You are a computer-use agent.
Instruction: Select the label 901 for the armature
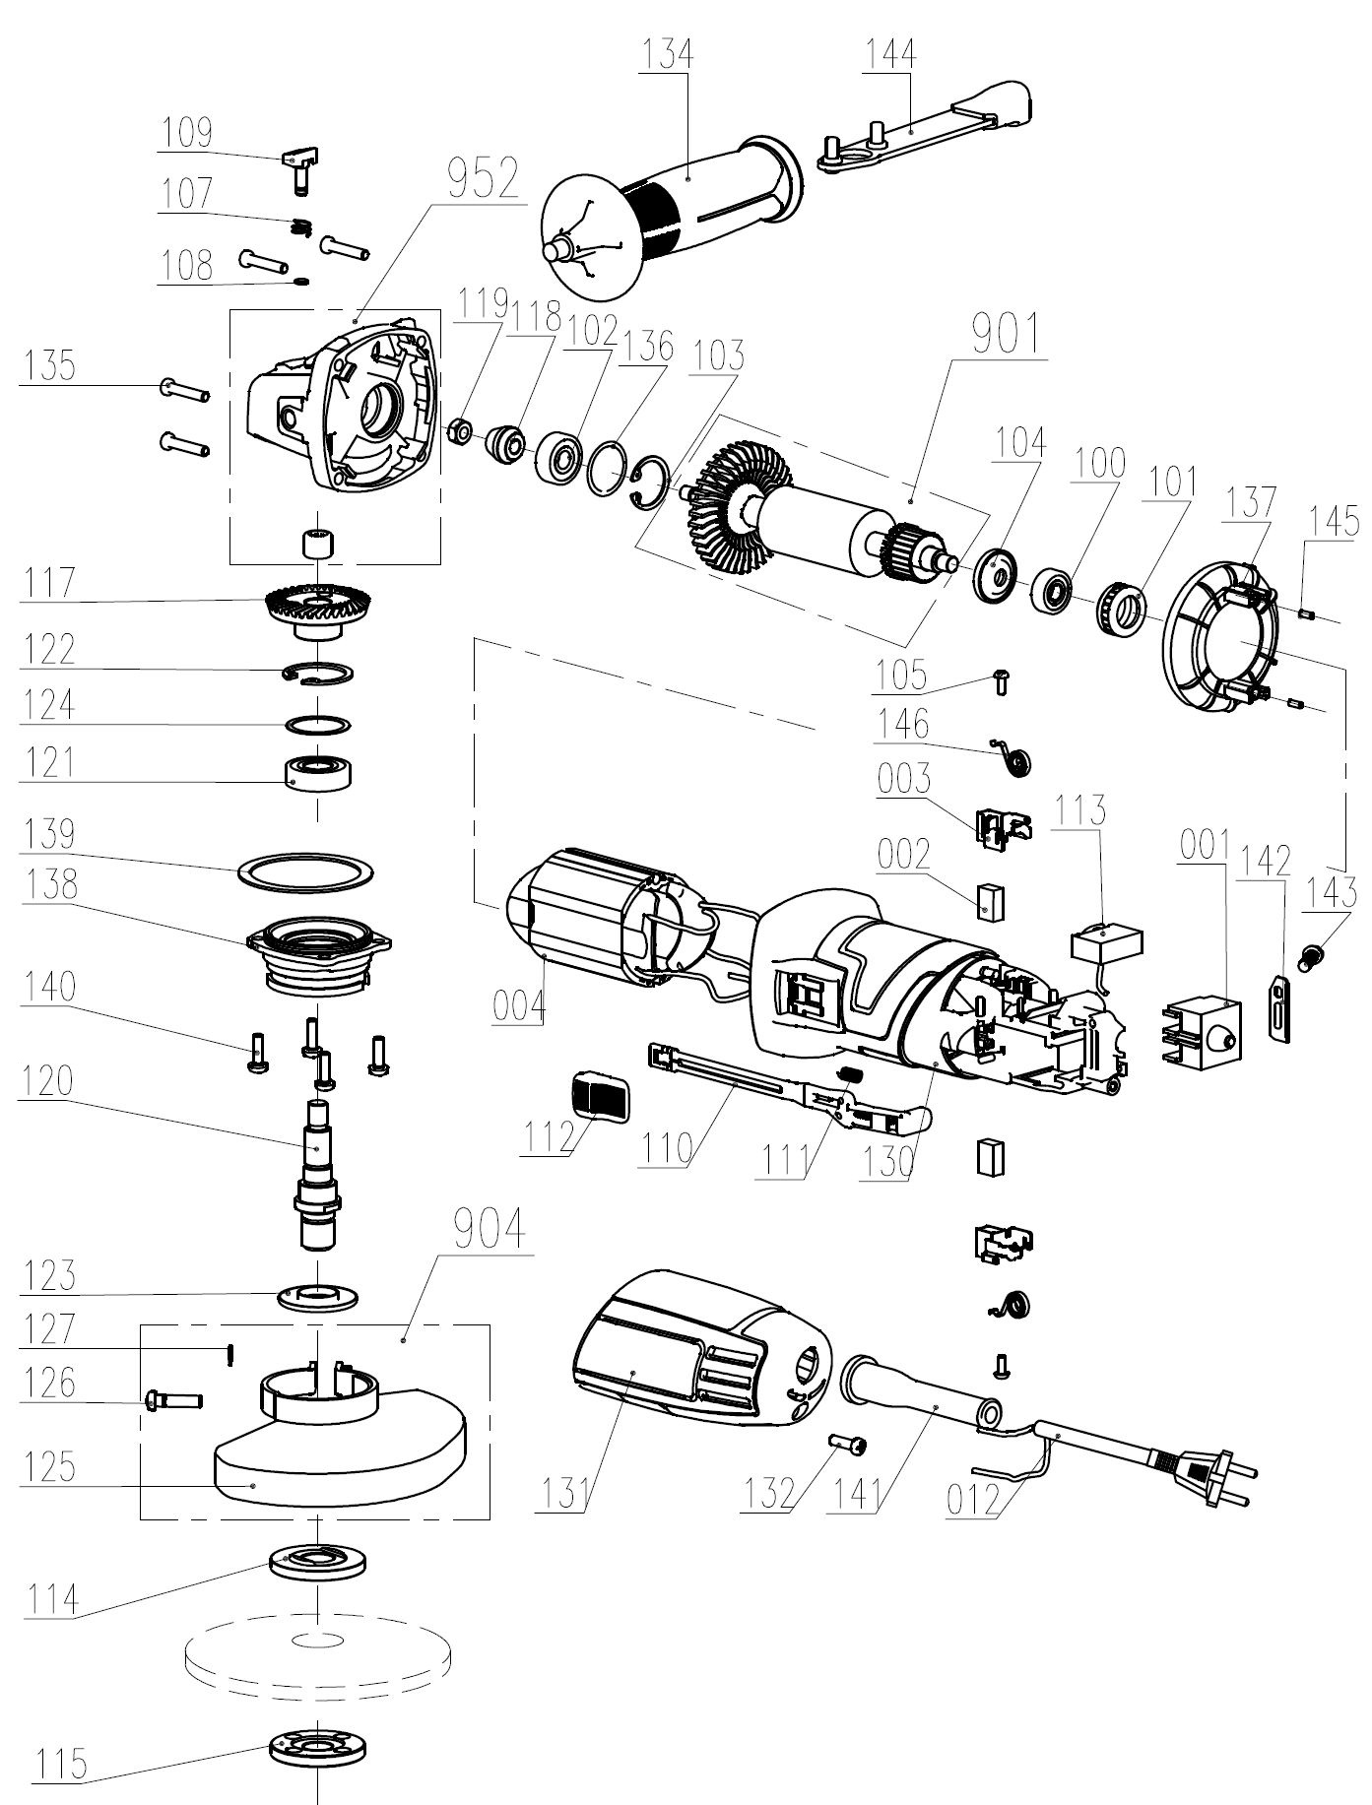[1005, 335]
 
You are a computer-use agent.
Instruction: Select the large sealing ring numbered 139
[307, 870]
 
